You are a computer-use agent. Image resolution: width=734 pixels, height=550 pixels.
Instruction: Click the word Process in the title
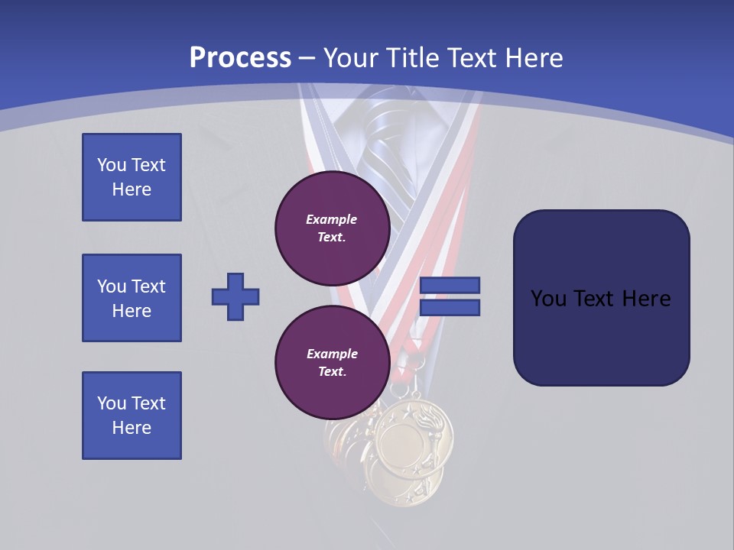pos(240,58)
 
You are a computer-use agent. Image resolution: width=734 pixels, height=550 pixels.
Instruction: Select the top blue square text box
pos(132,177)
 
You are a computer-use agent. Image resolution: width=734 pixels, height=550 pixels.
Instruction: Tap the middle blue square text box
pos(132,298)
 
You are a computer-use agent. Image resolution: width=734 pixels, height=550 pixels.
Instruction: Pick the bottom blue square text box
pos(132,416)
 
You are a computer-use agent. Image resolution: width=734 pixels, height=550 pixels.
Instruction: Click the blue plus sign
pos(235,296)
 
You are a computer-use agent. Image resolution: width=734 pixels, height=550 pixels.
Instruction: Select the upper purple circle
pos(333,228)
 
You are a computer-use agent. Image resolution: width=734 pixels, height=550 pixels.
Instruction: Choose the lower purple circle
pos(333,362)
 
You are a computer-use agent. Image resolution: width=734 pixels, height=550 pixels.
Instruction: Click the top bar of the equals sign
pos(450,286)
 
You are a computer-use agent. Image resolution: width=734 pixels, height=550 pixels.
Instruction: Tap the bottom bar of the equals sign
pos(450,308)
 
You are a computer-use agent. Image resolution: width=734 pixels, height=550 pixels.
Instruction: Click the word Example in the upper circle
pos(331,219)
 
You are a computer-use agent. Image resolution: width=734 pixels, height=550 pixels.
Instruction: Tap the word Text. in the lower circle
pos(332,372)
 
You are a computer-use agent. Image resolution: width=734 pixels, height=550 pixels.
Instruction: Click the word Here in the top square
pos(132,189)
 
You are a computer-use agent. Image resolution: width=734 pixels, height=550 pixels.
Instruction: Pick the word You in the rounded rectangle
pos(548,299)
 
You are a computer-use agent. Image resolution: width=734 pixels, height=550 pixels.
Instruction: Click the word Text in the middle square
pos(148,286)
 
